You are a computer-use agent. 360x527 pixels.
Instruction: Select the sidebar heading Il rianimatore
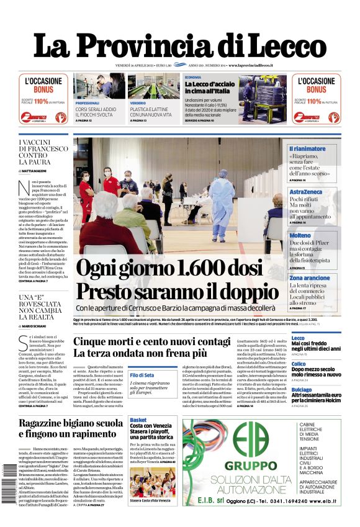(307, 149)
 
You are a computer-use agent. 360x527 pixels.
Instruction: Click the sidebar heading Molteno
(300, 236)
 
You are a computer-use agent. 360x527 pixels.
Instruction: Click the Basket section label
(138, 420)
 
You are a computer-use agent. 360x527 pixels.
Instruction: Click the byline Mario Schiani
(38, 325)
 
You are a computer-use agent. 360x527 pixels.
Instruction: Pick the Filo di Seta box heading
(142, 375)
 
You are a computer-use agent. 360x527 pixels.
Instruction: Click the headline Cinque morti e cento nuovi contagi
(152, 341)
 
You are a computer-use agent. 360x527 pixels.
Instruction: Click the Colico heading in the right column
(299, 364)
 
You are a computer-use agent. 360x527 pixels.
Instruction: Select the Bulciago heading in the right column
(302, 389)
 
